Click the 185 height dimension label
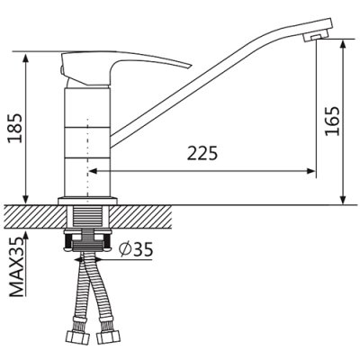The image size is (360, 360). [x=15, y=128]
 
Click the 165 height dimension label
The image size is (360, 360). [x=332, y=121]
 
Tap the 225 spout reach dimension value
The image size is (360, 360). [x=202, y=153]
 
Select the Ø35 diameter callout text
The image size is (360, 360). [x=135, y=249]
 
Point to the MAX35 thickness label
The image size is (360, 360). [x=16, y=267]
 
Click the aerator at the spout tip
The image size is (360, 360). [x=314, y=38]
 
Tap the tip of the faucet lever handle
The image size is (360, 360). [x=190, y=66]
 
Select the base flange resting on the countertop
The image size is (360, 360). [x=87, y=201]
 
